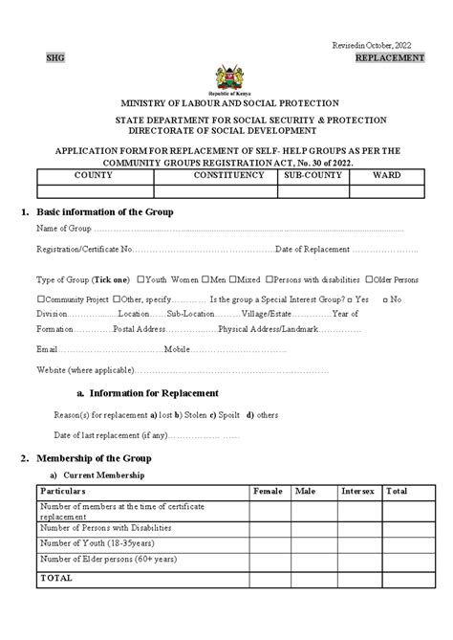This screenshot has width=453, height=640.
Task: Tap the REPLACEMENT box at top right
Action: click(x=389, y=58)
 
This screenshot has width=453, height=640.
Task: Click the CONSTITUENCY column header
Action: click(x=227, y=176)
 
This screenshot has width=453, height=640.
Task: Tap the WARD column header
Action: click(x=386, y=176)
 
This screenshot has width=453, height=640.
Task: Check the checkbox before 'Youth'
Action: click(x=141, y=280)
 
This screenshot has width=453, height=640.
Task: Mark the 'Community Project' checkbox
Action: click(x=40, y=299)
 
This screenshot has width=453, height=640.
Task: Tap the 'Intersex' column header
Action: click(x=357, y=491)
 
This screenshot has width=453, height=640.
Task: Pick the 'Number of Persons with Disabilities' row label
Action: click(x=105, y=527)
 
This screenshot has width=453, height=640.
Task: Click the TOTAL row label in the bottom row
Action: click(x=55, y=578)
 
